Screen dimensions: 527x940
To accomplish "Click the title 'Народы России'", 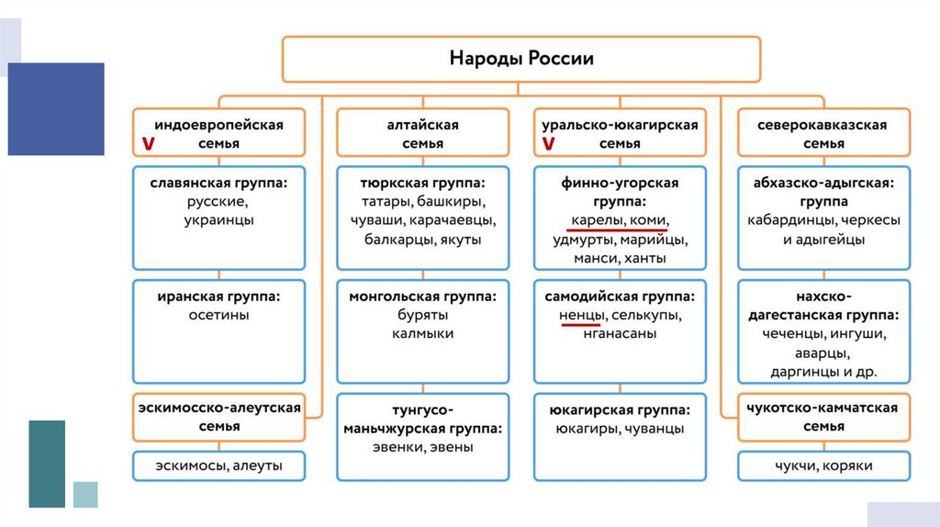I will pyautogui.click(x=520, y=59).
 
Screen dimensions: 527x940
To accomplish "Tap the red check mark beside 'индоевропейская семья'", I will pyautogui.click(x=147, y=144).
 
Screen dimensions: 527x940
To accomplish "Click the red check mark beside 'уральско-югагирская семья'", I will pyautogui.click(x=548, y=144).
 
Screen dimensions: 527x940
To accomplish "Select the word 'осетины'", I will pyautogui.click(x=218, y=315).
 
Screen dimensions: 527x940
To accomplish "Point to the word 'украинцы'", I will pyautogui.click(x=218, y=219).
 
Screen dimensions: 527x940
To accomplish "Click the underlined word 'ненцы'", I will pyautogui.click(x=581, y=315).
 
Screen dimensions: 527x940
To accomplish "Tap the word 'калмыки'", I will pyautogui.click(x=422, y=334).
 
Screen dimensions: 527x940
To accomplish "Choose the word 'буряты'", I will pyautogui.click(x=422, y=315).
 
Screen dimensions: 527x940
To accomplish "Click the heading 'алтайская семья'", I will pyautogui.click(x=422, y=133).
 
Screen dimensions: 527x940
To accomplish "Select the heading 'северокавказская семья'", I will pyautogui.click(x=823, y=133).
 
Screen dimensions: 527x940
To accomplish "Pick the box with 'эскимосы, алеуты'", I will pyautogui.click(x=218, y=466).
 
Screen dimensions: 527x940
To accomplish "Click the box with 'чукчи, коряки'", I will pyautogui.click(x=823, y=466).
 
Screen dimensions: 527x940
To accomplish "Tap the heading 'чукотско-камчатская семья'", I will pyautogui.click(x=823, y=417).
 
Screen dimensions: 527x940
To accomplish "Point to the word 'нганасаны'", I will pyautogui.click(x=620, y=334).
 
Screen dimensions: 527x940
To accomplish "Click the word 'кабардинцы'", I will pyautogui.click(x=789, y=220).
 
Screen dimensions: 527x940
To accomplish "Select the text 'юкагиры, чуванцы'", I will pyautogui.click(x=620, y=428).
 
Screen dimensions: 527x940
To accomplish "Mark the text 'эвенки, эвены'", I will pyautogui.click(x=422, y=447).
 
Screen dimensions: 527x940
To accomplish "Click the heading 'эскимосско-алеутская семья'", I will pyautogui.click(x=218, y=417).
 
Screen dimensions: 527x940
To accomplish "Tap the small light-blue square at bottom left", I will pyautogui.click(x=85, y=494).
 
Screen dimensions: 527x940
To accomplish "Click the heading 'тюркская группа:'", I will pyautogui.click(x=422, y=182).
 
